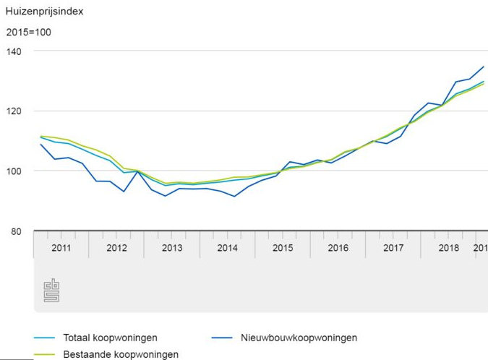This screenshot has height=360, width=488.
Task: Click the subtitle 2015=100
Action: tap(29, 33)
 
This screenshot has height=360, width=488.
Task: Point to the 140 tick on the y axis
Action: tap(15, 51)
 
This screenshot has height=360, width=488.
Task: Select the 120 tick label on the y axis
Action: tap(15, 111)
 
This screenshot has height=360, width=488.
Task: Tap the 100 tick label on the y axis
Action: tap(15, 171)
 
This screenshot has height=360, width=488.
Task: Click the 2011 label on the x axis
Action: tap(61, 248)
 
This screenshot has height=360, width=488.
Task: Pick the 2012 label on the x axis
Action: tap(116, 248)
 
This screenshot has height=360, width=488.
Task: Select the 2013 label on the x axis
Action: tap(172, 248)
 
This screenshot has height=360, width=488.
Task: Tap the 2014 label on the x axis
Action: tap(227, 248)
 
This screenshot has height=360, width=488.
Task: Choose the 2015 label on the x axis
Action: tap(283, 248)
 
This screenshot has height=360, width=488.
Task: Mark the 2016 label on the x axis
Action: tap(338, 248)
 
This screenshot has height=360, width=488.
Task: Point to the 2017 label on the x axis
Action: tap(393, 248)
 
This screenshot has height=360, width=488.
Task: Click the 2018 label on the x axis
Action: tap(449, 248)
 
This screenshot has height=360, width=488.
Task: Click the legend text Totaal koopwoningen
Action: tap(110, 338)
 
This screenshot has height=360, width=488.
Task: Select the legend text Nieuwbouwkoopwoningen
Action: tap(300, 338)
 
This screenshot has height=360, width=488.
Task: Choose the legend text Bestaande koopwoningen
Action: tap(121, 354)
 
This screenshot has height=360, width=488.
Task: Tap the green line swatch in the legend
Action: tap(45, 355)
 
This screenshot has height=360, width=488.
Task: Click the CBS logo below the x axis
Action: tap(51, 290)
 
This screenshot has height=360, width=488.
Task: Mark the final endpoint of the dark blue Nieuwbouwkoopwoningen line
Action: tap(484, 67)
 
